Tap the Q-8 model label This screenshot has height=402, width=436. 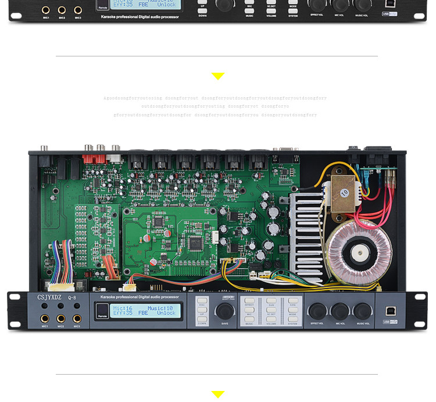point(72,298)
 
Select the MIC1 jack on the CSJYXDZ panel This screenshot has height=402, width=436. point(44,319)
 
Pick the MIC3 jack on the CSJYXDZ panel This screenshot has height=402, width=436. point(76,319)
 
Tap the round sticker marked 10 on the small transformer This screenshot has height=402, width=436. point(344,191)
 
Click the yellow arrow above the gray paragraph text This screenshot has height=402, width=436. point(218,76)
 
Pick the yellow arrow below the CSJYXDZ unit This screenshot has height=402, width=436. point(218,394)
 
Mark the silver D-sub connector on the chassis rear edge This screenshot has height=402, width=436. point(286,150)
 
